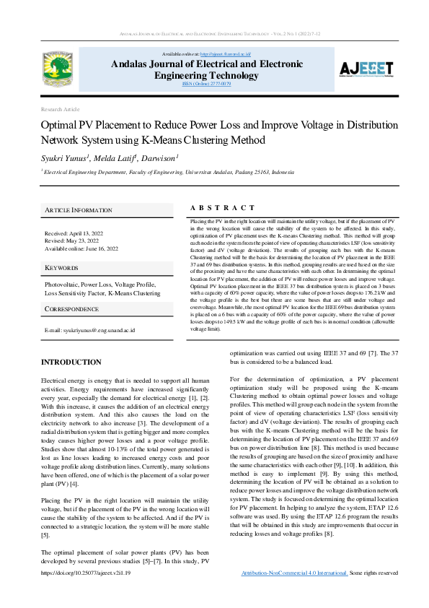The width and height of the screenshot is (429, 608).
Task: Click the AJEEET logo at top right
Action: coord(367,69)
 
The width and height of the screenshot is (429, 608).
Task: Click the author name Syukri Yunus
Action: coord(63,158)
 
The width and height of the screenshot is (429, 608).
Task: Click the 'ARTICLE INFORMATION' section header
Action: coord(79,210)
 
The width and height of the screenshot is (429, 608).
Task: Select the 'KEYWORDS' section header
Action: coord(61,268)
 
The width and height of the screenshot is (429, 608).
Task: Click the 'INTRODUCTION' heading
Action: coord(71,362)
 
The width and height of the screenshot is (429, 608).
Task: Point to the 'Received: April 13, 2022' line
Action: coord(74,234)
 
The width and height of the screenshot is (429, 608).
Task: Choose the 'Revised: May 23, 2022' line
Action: coord(73,241)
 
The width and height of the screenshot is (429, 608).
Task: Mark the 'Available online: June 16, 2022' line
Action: coord(81,248)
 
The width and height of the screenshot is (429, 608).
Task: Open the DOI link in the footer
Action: coord(86,593)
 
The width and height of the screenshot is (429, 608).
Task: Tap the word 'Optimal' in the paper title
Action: coord(59,125)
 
